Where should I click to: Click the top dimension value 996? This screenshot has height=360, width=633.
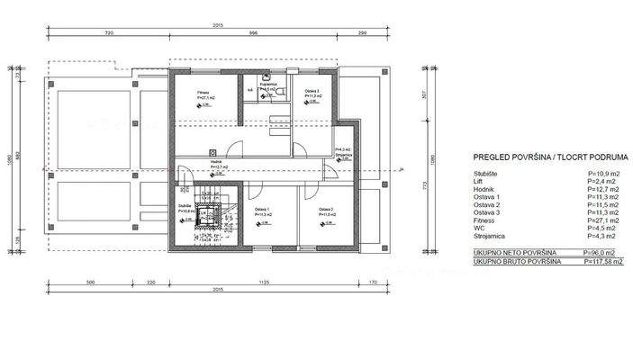pos(253,32)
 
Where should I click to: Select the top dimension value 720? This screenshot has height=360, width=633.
pos(108,32)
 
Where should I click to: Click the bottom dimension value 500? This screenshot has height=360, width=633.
pos(90,283)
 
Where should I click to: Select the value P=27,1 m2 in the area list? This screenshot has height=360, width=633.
pos(601,219)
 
